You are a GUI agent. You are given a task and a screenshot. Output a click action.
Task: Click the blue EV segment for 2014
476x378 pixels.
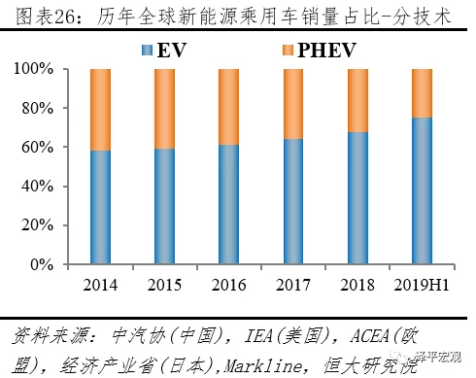coord(100,207)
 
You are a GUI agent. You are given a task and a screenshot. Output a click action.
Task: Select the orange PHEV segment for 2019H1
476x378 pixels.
coord(422,93)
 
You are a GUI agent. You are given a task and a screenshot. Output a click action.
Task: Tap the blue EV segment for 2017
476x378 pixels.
coord(293,201)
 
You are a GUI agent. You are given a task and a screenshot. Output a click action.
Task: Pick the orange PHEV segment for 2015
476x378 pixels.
coord(164,109)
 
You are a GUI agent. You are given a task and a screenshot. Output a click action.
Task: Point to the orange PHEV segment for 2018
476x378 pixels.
coord(357,101)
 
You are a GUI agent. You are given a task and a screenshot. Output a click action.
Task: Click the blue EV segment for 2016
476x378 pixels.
coord(228,204)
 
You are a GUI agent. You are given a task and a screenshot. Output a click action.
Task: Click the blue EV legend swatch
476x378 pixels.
coord(147,51)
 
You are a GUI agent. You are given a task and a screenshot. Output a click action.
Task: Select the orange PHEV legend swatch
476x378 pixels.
coord(288,51)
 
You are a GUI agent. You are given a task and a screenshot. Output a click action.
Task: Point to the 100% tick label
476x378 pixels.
coord(33,69)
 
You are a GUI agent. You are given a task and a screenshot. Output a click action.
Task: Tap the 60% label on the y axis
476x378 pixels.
coord(37,148)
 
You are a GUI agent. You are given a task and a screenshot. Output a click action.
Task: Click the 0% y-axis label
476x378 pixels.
coord(42,265)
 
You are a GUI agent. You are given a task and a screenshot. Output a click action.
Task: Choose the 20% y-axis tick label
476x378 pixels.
coord(37,225)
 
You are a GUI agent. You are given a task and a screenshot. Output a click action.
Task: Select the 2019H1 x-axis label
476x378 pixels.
coord(422,286)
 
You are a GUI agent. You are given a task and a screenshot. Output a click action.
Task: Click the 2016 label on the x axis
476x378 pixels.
coord(228,286)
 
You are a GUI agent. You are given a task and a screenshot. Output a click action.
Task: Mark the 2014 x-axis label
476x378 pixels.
coord(100,286)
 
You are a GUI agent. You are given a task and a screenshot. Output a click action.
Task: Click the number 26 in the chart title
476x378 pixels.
coord(65,17)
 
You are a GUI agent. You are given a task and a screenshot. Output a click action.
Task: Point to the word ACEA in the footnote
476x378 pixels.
coord(369,336)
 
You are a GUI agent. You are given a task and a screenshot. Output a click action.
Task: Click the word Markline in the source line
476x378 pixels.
coord(263,366)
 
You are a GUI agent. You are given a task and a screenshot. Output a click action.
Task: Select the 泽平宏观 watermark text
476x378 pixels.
coord(438,357)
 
